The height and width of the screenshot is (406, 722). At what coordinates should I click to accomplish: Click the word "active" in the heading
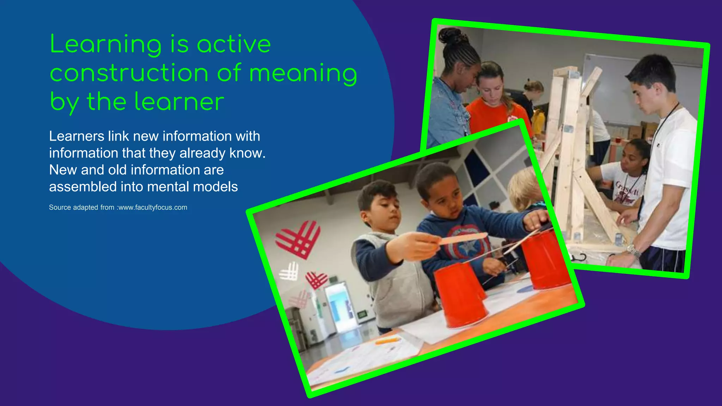[234, 44]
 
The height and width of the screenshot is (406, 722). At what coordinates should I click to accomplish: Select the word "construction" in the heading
[129, 73]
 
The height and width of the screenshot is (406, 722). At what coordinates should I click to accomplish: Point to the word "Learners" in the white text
[77, 136]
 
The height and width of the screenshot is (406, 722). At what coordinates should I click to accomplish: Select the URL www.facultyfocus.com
[153, 208]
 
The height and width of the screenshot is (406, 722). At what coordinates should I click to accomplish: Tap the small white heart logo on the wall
[289, 271]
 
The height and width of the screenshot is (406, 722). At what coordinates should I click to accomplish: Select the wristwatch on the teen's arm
[634, 251]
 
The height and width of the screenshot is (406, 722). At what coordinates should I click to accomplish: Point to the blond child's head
[525, 189]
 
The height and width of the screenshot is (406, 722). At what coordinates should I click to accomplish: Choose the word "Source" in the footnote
[60, 208]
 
